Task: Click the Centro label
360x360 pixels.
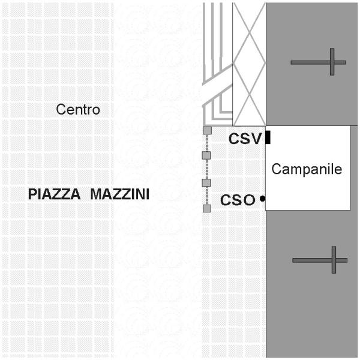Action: (78, 110)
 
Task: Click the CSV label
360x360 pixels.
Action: (245, 139)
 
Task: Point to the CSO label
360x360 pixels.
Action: (238, 200)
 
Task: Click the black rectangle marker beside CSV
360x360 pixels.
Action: (268, 138)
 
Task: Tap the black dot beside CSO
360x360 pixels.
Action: (263, 199)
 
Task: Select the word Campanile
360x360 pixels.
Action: (307, 169)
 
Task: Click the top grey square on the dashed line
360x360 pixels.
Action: (207, 131)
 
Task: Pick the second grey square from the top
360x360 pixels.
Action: (207, 155)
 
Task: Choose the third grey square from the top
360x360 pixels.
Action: (207, 182)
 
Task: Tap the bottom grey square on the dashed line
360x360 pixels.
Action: (207, 208)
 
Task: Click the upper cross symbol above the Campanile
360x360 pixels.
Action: (319, 62)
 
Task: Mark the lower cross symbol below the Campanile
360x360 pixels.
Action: (320, 260)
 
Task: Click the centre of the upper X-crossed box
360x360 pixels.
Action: (250, 30)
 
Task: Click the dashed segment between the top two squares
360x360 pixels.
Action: (207, 143)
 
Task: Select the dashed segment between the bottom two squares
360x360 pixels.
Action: (207, 195)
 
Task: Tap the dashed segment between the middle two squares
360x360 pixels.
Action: (207, 169)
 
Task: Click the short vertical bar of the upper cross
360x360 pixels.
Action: (332, 62)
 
